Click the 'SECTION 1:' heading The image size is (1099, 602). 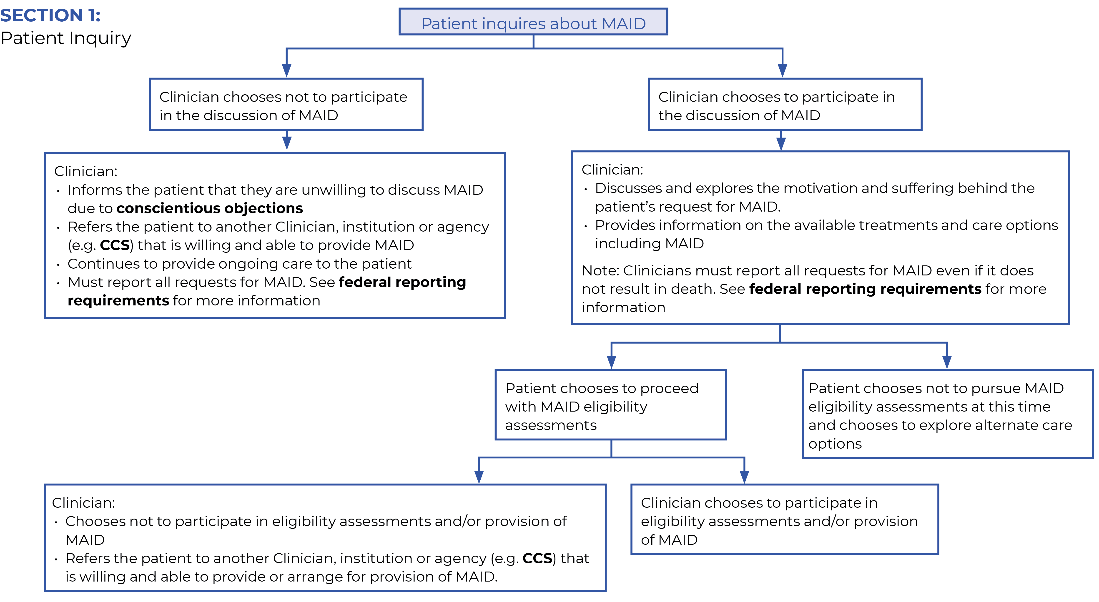click(x=50, y=15)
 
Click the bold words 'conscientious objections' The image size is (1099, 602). click(x=209, y=208)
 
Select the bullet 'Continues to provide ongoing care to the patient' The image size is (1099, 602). click(x=239, y=264)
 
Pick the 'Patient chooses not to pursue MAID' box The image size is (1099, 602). click(x=947, y=415)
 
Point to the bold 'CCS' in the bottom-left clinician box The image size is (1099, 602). click(x=537, y=559)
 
